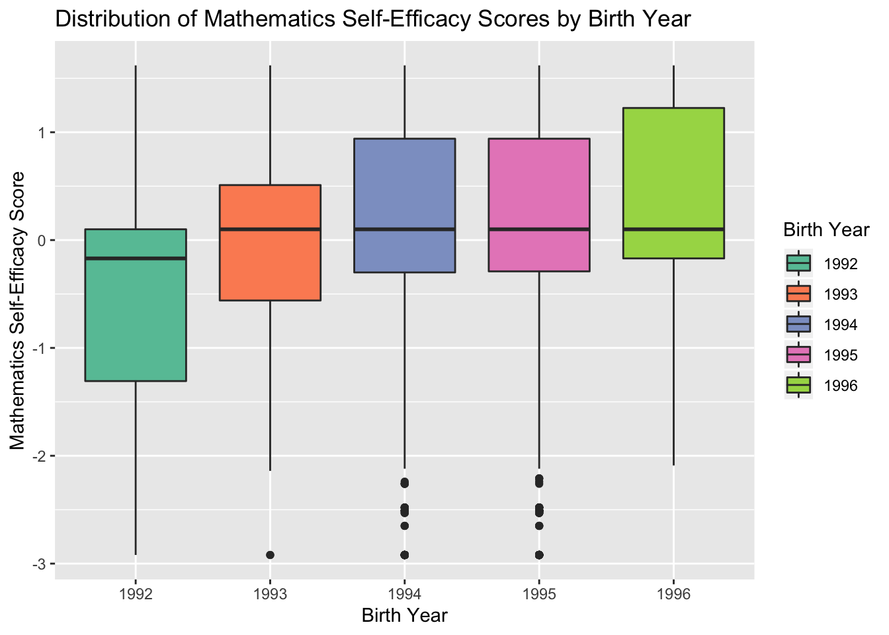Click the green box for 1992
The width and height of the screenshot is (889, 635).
coord(136,311)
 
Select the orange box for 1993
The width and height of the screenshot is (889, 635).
coord(270,265)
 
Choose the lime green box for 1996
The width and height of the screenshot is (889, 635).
coord(673,165)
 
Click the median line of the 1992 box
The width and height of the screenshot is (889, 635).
coord(136,258)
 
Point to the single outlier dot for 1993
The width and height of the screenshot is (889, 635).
coord(270,554)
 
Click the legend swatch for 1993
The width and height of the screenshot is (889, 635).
coord(798,294)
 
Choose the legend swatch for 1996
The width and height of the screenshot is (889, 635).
coord(798,385)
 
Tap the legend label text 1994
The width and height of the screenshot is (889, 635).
coord(841,325)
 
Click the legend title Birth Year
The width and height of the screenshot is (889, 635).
coord(825,230)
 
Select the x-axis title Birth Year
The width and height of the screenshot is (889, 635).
coord(405,616)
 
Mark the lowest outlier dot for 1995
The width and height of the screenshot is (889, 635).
coord(539,554)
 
